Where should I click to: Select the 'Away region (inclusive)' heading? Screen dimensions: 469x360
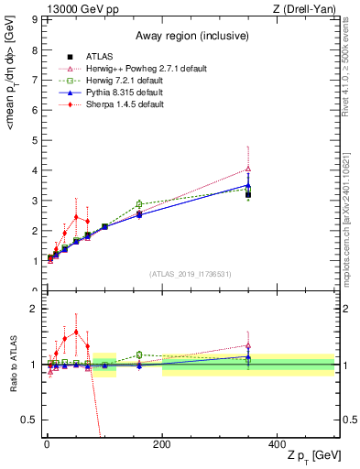189,36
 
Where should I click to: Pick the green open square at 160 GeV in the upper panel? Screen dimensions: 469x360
139,203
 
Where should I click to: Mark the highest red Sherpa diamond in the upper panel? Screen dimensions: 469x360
76,216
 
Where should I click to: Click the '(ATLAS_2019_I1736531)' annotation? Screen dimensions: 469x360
189,274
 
